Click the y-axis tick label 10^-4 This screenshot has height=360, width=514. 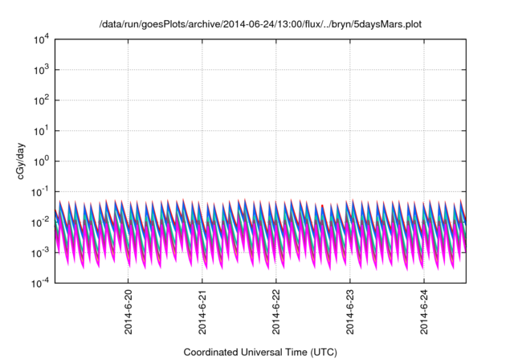41,283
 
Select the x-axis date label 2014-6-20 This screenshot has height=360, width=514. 128,313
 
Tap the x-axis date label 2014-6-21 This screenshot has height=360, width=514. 202,313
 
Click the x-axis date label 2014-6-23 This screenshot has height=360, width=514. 350,313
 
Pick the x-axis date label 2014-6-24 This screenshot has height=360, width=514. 424,313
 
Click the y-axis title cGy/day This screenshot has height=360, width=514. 24,162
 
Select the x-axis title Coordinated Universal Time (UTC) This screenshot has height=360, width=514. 259,352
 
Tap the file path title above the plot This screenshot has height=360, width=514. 259,25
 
